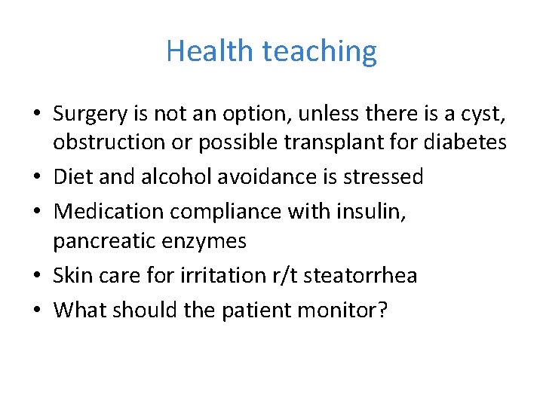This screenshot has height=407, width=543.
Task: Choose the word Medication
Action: (x=109, y=212)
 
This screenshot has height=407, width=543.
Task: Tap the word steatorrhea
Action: (x=360, y=275)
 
